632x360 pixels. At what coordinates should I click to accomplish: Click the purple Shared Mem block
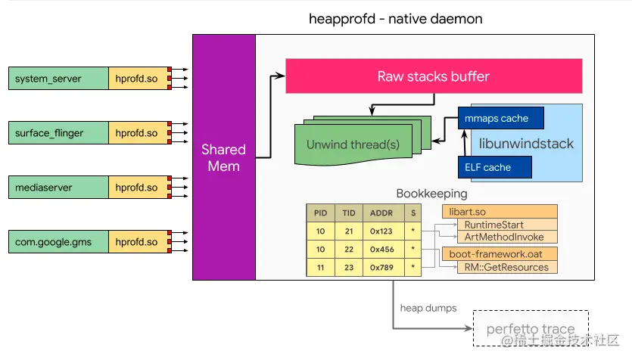[223, 157]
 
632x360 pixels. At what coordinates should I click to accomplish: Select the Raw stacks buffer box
[433, 76]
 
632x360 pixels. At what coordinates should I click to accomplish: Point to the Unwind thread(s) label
[353, 144]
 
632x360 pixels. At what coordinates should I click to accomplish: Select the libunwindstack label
[527, 143]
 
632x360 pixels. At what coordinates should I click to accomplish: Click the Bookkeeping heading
[431, 194]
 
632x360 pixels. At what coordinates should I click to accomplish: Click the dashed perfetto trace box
[530, 328]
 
